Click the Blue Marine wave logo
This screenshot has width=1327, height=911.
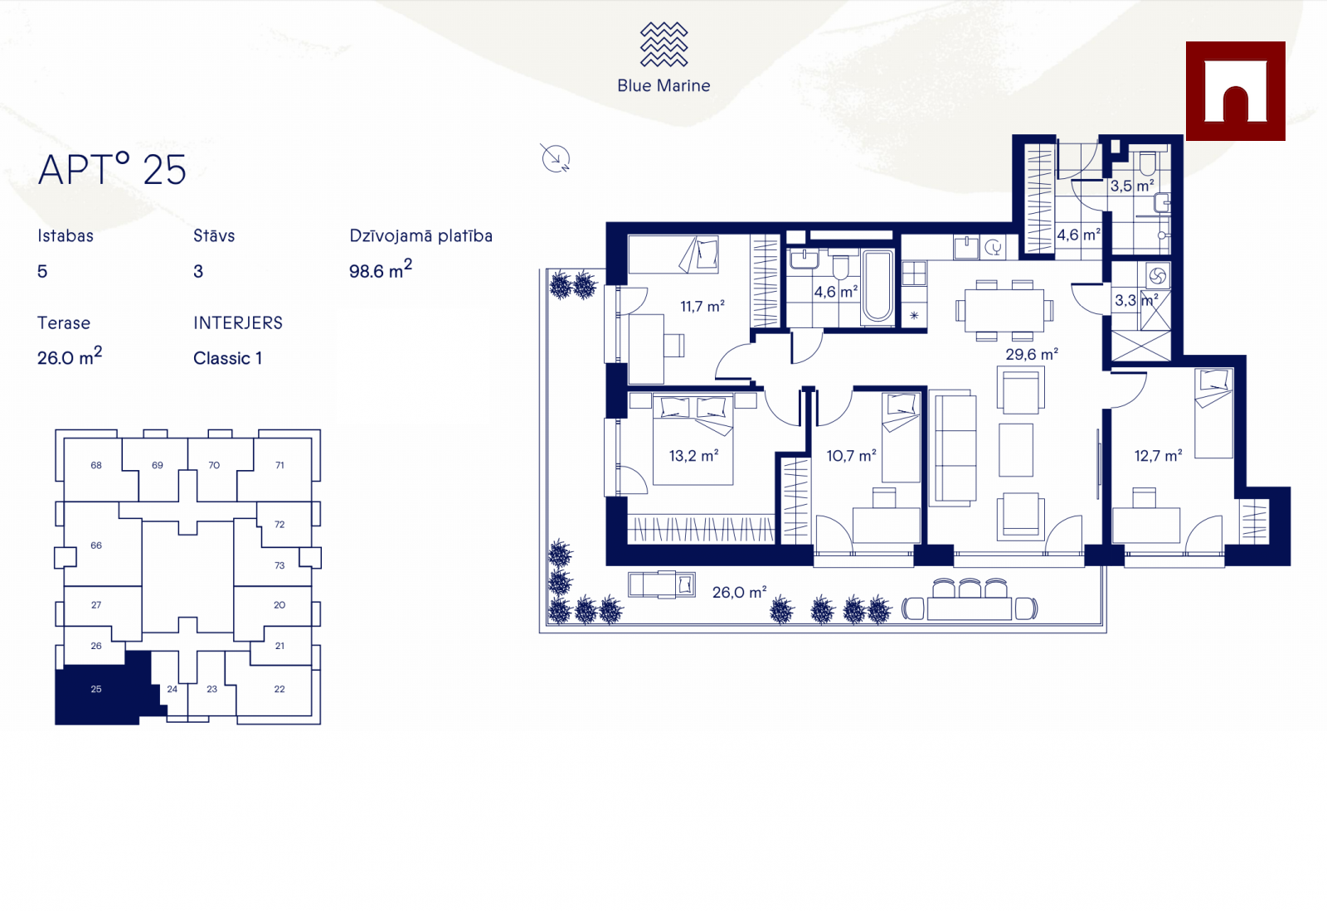click(664, 45)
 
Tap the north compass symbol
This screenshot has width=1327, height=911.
click(556, 158)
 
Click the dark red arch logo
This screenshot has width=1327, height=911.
click(1235, 91)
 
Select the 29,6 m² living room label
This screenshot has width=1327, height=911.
click(1032, 355)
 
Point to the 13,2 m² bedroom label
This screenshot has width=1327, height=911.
click(693, 456)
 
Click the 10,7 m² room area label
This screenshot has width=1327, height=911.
click(851, 456)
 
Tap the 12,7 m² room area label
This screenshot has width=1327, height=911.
click(1158, 456)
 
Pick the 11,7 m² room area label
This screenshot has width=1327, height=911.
click(702, 307)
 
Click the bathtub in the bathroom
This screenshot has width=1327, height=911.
click(877, 287)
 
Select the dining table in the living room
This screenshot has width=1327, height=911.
click(1004, 310)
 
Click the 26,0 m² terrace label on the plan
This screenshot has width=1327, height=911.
click(739, 593)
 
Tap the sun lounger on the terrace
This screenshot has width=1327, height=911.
click(662, 585)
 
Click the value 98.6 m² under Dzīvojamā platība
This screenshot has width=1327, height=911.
click(381, 269)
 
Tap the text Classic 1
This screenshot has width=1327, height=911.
click(227, 358)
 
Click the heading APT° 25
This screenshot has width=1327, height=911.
click(112, 169)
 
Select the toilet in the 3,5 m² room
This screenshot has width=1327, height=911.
click(1147, 163)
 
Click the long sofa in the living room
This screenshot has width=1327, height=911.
click(953, 448)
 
